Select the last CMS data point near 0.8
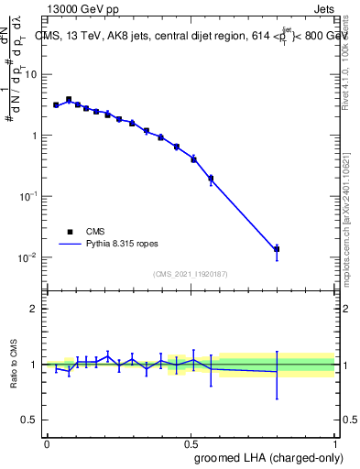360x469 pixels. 277,249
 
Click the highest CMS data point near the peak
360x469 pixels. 69,99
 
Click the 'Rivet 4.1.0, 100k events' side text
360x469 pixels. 350,55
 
